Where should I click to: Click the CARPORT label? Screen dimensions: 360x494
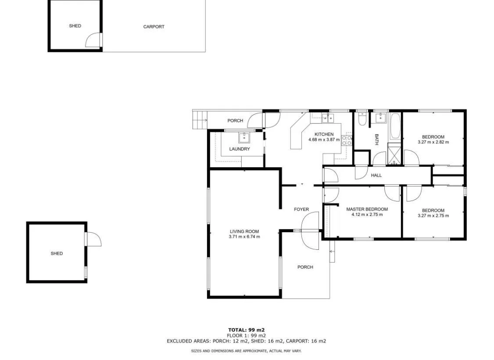coord(154,27)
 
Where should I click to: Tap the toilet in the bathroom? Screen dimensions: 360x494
coord(362,119)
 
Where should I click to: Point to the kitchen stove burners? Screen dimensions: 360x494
coord(346,140)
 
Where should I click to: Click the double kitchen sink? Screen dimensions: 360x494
coord(327,118)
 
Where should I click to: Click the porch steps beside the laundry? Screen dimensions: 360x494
coord(200,120)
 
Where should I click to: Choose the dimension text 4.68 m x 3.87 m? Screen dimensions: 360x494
coord(324,140)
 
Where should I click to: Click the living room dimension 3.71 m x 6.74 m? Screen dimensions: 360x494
coord(244,237)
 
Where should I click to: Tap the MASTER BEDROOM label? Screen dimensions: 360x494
coord(367,209)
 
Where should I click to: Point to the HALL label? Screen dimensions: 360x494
coord(376,176)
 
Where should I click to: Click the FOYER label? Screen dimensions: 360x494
coord(301,209)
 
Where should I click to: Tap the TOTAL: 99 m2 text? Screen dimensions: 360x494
coord(246,330)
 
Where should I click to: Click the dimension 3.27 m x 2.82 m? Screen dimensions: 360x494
coord(433,142)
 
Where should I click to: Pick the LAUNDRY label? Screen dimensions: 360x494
coord(240,149)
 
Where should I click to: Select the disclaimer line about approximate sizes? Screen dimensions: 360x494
coord(246,351)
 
